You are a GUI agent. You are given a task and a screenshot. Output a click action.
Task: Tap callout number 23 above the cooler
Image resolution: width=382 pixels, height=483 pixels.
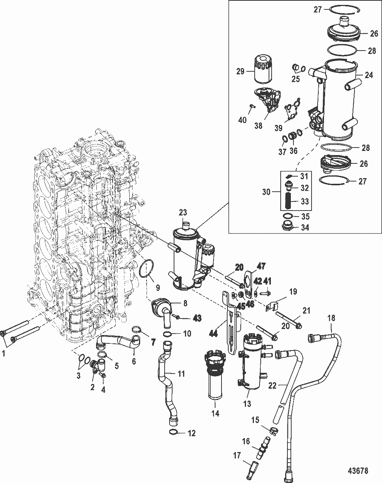(183, 213)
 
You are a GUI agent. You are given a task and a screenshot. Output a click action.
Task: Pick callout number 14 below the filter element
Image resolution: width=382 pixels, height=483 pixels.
(215, 413)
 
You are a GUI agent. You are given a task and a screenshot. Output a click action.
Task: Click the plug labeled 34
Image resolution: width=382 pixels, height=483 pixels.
(289, 228)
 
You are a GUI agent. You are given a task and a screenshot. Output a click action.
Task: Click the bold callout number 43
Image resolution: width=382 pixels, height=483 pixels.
(197, 318)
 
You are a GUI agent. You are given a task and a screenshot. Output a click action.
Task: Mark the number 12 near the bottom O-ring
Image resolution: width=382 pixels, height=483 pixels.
(191, 434)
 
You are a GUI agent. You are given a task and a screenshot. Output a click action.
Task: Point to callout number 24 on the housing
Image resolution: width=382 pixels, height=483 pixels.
(368, 75)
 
